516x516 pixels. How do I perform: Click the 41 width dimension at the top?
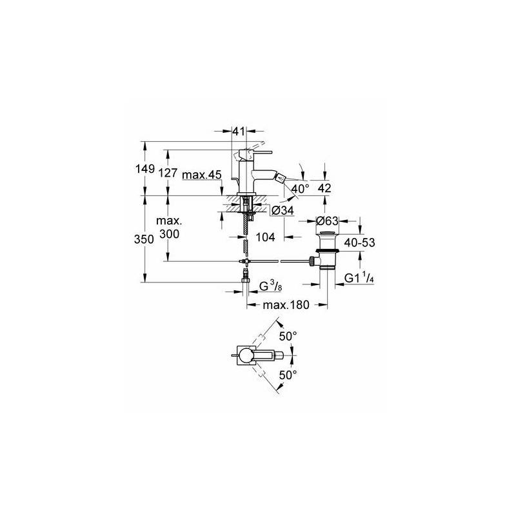click(x=239, y=132)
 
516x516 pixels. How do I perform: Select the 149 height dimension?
click(x=145, y=169)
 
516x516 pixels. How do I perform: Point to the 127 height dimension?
click(x=168, y=172)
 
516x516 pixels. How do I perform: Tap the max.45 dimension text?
click(x=202, y=175)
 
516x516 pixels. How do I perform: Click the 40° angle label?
click(x=300, y=189)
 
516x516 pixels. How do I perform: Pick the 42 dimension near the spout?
click(x=324, y=188)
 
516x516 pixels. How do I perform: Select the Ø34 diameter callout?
click(x=283, y=210)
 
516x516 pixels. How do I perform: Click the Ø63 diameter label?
click(x=327, y=221)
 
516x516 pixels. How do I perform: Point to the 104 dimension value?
click(x=265, y=237)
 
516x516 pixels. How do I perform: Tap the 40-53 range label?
click(x=359, y=243)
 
